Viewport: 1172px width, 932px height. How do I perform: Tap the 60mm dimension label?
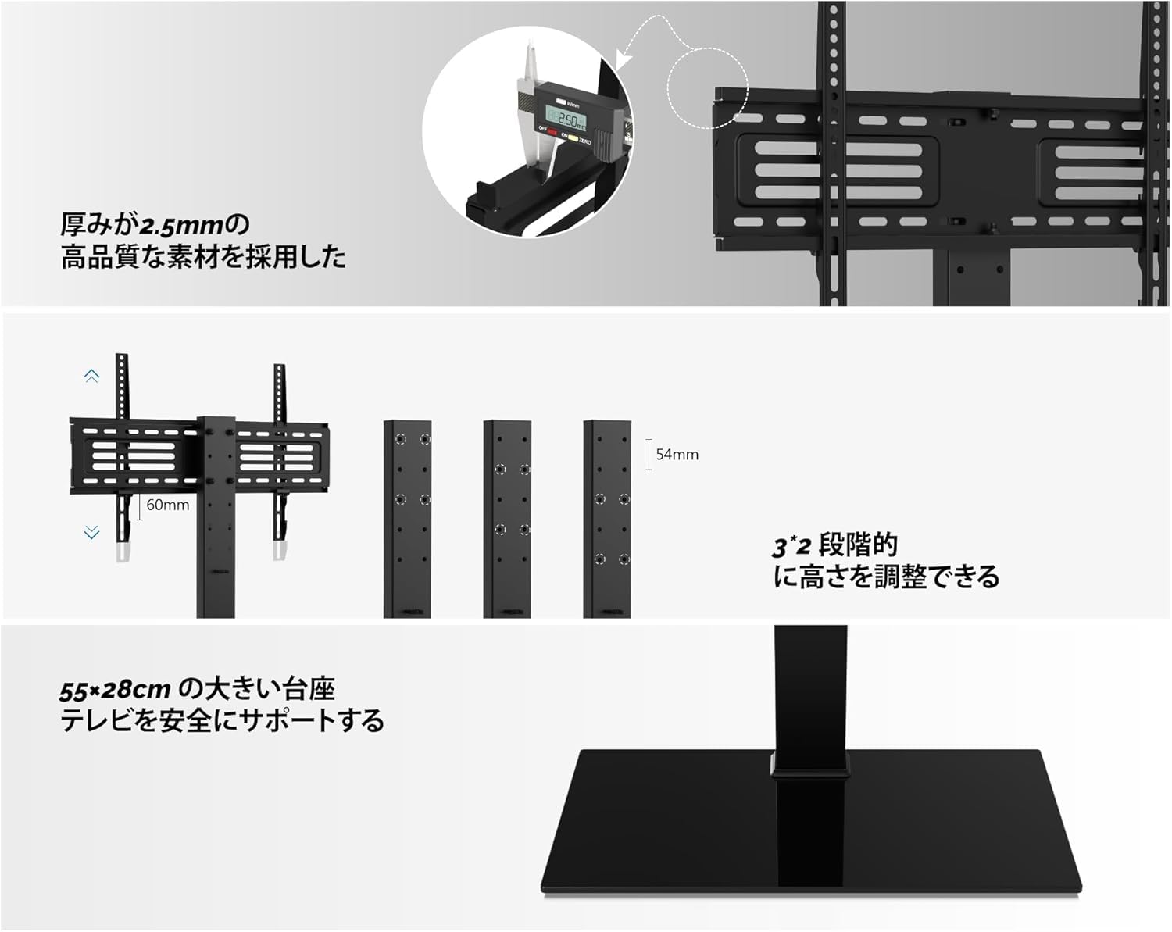pos(168,505)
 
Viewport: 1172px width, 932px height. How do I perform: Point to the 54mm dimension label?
pos(677,455)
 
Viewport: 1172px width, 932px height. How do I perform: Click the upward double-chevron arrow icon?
pos(91,377)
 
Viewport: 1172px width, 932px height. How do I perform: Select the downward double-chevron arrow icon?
pos(91,533)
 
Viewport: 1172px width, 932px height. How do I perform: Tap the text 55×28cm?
pos(115,691)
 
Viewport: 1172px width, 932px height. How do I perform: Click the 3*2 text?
pos(791,546)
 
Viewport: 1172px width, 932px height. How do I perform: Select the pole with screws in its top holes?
pos(408,520)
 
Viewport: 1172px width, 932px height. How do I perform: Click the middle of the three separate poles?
pos(507,520)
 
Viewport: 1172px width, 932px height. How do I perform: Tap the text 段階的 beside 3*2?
pos(858,545)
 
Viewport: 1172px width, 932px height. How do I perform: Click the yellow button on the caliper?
pos(572,138)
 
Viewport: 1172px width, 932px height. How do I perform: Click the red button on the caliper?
pos(552,133)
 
